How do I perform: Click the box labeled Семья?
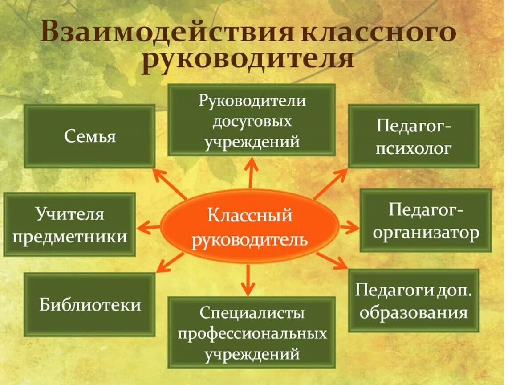pos(89,136)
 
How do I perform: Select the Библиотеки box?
pos(89,304)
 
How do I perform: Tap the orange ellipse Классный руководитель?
pos(250,226)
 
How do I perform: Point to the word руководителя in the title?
pos(248,60)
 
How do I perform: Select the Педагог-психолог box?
pos(414,136)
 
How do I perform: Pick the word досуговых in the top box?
pos(252,121)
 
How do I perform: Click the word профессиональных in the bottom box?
pos(252,333)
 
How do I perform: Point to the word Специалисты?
pos(252,313)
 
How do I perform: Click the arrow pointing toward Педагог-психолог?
pos(330,184)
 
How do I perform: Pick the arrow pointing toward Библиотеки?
pos(171,262)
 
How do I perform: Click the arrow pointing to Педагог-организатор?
pos(349,228)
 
